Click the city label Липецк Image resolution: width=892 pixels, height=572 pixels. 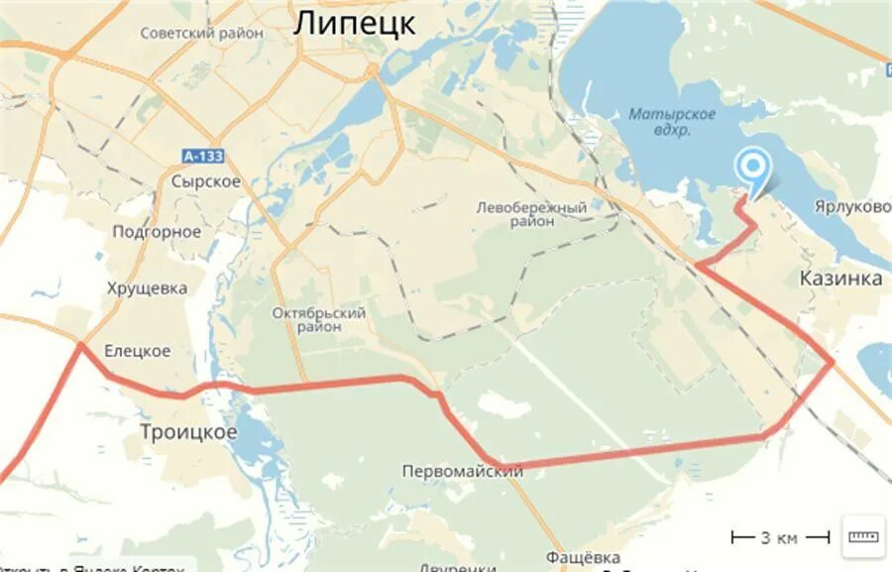(354, 24)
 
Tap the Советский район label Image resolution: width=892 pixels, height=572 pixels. (202, 33)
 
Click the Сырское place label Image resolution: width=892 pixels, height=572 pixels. (205, 181)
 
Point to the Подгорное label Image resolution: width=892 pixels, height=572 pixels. (157, 231)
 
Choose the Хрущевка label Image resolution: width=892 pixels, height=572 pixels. (148, 287)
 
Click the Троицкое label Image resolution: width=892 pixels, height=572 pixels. (188, 432)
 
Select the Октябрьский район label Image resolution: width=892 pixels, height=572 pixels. (319, 319)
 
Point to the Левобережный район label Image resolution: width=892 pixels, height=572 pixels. (531, 214)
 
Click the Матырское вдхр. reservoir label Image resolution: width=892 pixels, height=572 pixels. (672, 121)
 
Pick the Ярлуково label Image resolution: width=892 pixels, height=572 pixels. (852, 207)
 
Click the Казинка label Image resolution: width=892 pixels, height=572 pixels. (840, 279)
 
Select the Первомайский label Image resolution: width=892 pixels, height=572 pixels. (463, 471)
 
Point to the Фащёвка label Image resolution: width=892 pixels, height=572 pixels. (582, 557)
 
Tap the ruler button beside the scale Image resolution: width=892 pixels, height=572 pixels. (862, 536)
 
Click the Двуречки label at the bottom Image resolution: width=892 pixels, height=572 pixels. (457, 568)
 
